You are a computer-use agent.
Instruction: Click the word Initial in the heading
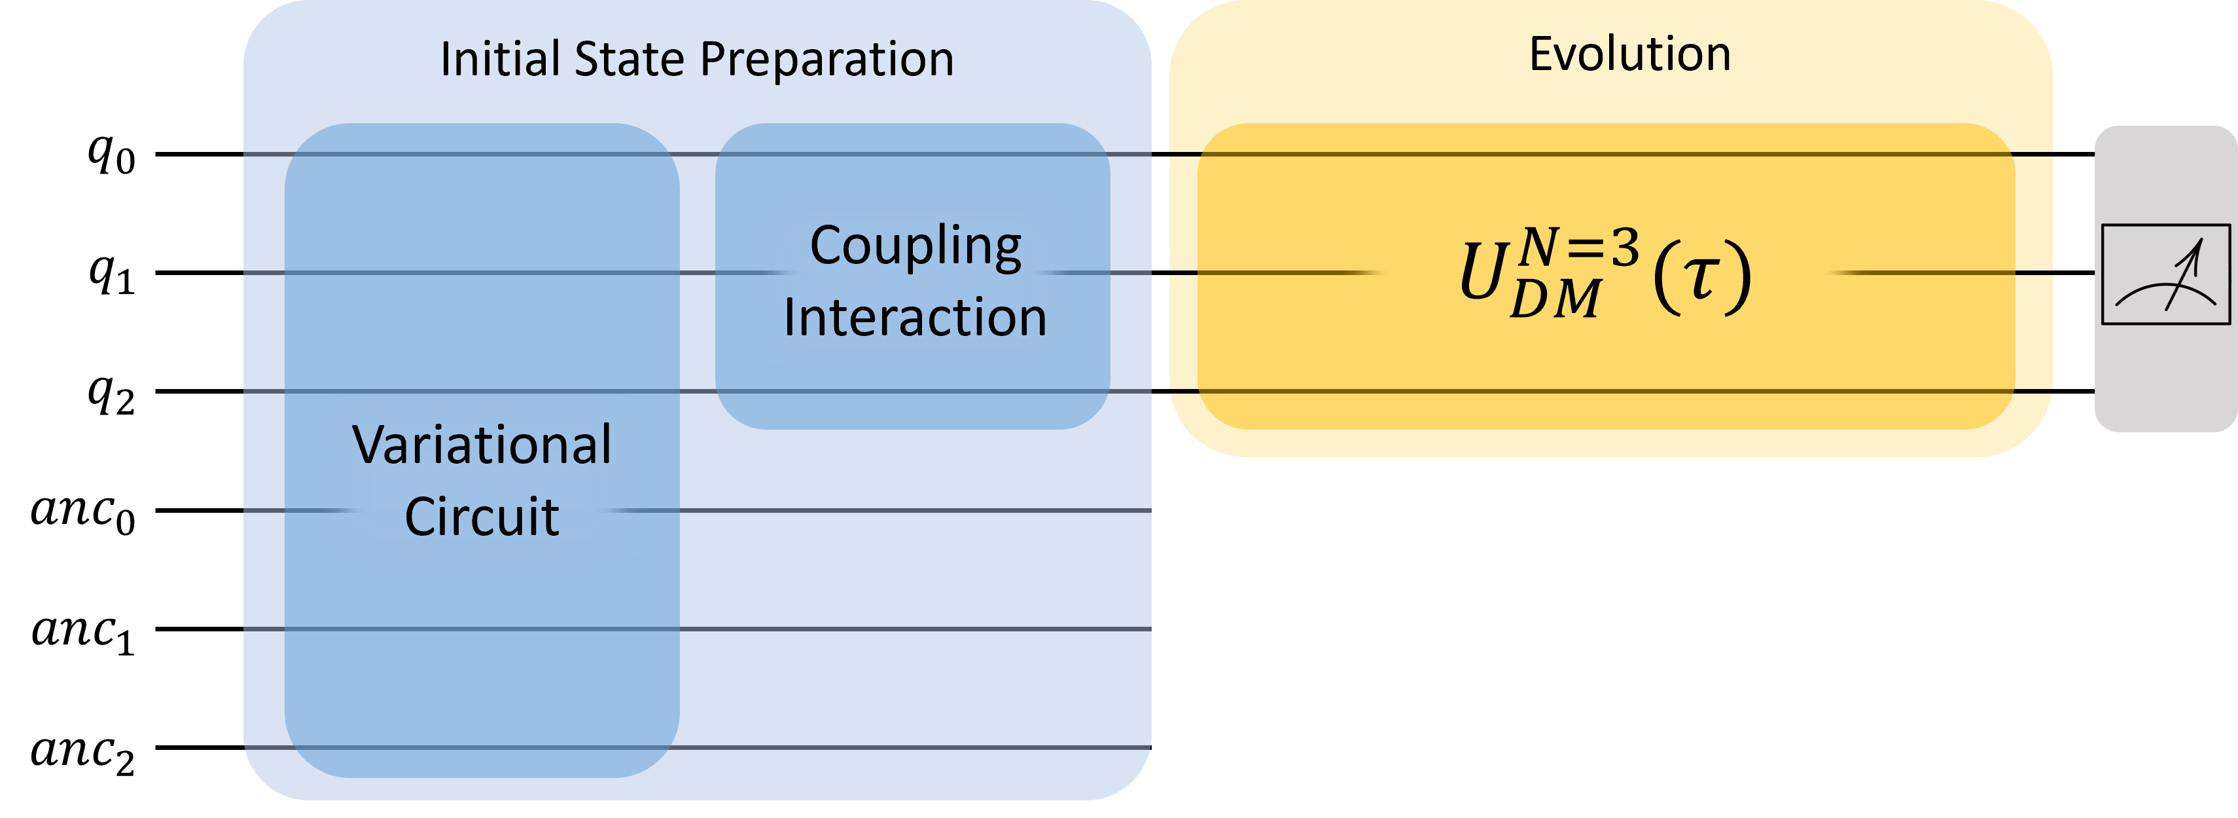click(499, 59)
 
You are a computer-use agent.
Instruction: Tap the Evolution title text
click(1630, 54)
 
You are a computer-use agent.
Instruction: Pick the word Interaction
click(915, 317)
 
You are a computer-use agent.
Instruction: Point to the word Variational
click(482, 445)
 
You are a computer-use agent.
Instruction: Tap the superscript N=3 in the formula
click(1578, 247)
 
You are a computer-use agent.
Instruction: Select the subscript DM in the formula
click(1555, 300)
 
